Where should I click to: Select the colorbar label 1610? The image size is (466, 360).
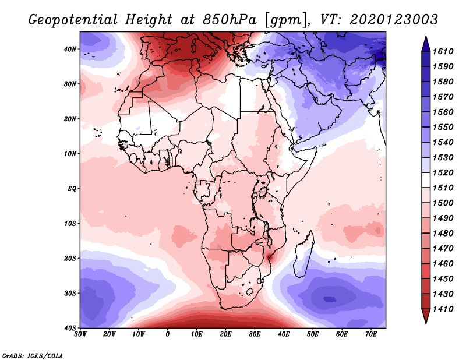[444, 51]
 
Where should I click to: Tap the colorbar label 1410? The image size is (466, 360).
[444, 308]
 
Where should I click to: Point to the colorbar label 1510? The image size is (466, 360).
[444, 188]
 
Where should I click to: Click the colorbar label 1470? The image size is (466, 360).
[444, 248]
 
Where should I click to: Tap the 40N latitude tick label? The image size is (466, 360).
[70, 49]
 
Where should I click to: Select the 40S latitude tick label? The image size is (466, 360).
[70, 328]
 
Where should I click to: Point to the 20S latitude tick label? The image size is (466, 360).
[70, 258]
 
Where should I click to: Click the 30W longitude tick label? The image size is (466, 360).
[81, 334]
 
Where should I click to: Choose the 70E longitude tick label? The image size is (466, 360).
[370, 334]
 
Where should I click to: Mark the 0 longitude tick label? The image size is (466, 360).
[168, 334]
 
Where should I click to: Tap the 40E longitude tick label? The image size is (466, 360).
[284, 334]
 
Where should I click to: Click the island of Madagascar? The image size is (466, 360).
[304, 256]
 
